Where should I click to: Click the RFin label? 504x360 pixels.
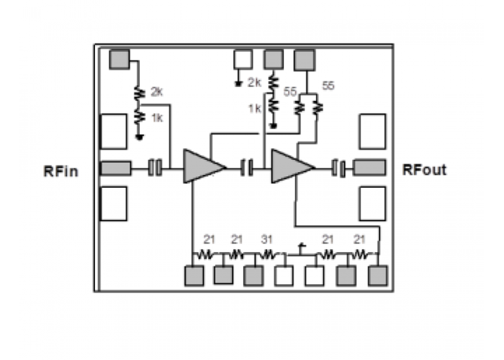(x=60, y=171)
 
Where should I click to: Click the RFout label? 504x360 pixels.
(x=424, y=170)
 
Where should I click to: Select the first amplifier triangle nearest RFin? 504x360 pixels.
(x=203, y=166)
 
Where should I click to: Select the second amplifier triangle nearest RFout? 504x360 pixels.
(x=292, y=166)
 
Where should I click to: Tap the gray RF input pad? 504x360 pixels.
(x=116, y=168)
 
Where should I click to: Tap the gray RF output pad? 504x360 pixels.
(x=369, y=168)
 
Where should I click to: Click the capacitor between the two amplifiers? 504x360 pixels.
(x=246, y=168)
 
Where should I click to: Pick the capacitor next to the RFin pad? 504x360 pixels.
(x=155, y=168)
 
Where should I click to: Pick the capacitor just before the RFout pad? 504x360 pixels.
(x=338, y=168)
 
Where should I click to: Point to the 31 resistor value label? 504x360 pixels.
(x=267, y=240)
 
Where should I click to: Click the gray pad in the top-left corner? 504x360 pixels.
(x=120, y=59)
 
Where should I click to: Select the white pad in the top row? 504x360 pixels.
(x=243, y=59)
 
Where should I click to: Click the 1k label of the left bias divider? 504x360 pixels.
(x=157, y=118)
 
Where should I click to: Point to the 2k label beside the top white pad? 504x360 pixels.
(x=254, y=83)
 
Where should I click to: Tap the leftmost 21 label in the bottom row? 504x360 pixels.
(x=209, y=240)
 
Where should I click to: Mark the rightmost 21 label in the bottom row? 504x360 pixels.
(x=359, y=240)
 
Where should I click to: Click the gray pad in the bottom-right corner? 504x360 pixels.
(x=378, y=276)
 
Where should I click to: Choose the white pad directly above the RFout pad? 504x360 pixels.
(x=372, y=132)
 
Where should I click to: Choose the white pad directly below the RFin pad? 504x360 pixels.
(x=114, y=204)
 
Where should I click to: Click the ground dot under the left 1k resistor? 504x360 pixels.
(x=140, y=138)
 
